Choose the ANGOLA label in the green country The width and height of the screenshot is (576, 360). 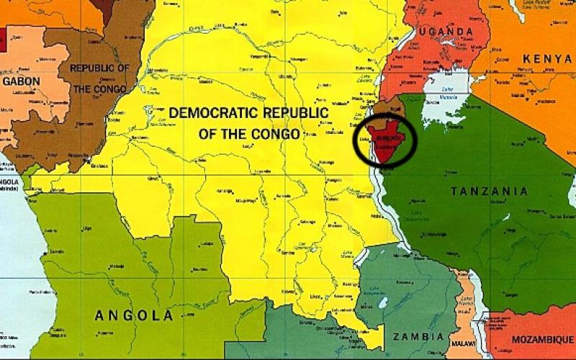[134, 315]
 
